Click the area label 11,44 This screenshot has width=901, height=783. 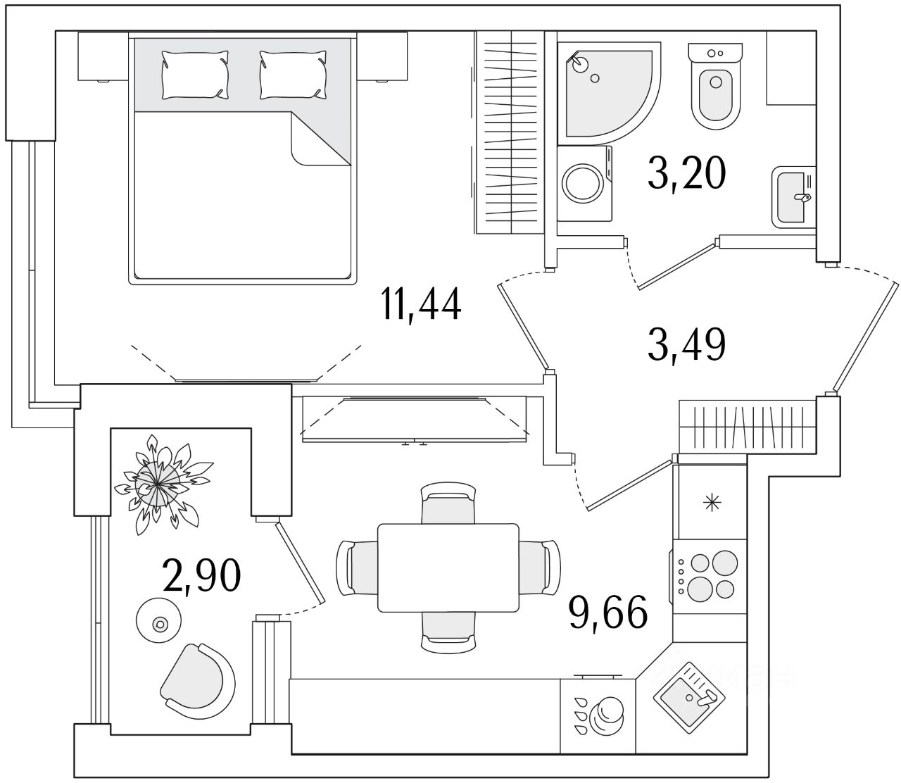pyautogui.click(x=421, y=304)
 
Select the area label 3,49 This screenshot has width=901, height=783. pyautogui.click(x=686, y=344)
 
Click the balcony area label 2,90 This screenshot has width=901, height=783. pyautogui.click(x=202, y=576)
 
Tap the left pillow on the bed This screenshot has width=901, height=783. pyautogui.click(x=195, y=74)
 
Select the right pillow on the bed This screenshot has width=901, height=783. pyautogui.click(x=294, y=74)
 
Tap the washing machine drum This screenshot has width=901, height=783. pyautogui.click(x=581, y=184)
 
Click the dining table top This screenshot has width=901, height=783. pyautogui.click(x=448, y=568)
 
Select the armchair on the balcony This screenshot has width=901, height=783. pyautogui.click(x=197, y=680)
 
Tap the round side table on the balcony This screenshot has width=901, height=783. pyautogui.click(x=160, y=619)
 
